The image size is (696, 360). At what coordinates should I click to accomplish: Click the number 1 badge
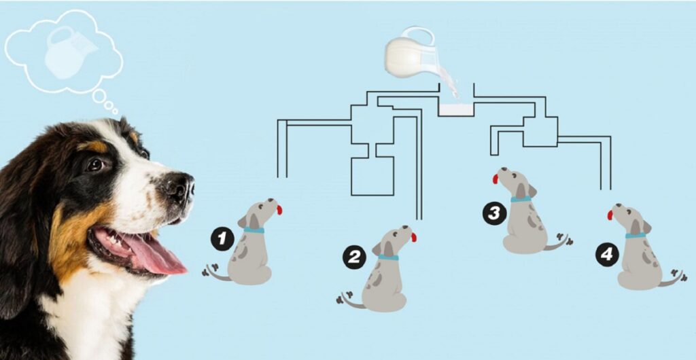pos(222,240)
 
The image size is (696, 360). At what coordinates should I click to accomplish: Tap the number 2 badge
pos(354,257)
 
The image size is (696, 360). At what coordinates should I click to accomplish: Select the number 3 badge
pos(494,214)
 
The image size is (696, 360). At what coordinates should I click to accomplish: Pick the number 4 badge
pos(607,255)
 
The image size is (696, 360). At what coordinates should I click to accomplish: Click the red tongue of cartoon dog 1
pos(279,210)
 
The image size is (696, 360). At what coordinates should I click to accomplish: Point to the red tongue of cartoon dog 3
pos(495,179)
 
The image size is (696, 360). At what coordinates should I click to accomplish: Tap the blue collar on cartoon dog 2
pos(388,257)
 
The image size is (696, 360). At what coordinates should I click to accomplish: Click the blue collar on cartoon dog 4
pos(636,236)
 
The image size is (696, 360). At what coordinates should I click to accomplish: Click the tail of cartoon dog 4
pos(673,279)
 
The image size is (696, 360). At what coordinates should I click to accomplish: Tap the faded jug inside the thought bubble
pos(69,53)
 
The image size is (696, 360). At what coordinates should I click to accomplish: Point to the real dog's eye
pos(95,164)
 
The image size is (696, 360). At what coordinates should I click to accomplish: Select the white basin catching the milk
pos(456,110)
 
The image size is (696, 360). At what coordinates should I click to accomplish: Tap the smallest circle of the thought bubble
pos(116,111)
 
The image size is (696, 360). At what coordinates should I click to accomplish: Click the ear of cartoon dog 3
pos(521,191)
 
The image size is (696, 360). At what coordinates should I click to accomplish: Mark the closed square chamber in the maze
pos(372,176)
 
